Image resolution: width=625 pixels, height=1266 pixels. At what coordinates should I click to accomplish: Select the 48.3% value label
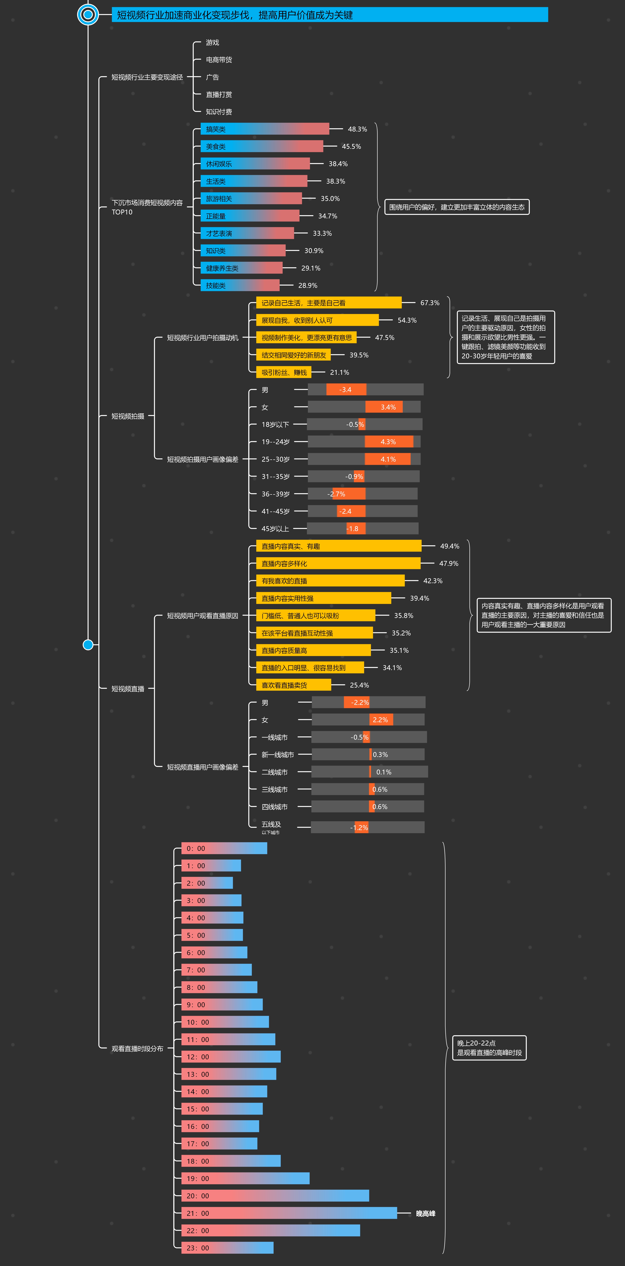[357, 129]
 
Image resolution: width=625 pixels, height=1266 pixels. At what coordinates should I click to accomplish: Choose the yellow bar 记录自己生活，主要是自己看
[328, 303]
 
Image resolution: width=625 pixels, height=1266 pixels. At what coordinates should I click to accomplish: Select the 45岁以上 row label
[275, 529]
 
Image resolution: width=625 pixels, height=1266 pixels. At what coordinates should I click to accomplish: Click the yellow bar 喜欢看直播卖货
[293, 685]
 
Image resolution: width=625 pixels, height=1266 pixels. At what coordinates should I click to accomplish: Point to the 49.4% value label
[450, 546]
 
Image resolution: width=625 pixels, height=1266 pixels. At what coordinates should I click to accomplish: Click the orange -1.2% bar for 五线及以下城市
[361, 828]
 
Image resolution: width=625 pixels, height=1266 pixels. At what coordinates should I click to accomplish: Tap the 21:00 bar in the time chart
[289, 1213]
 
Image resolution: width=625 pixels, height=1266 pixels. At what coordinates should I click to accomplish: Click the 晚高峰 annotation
[426, 1213]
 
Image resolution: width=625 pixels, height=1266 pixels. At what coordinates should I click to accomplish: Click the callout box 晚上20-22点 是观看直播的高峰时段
[489, 1048]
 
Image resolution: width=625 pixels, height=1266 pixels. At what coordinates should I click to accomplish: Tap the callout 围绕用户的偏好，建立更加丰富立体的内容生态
[456, 207]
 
